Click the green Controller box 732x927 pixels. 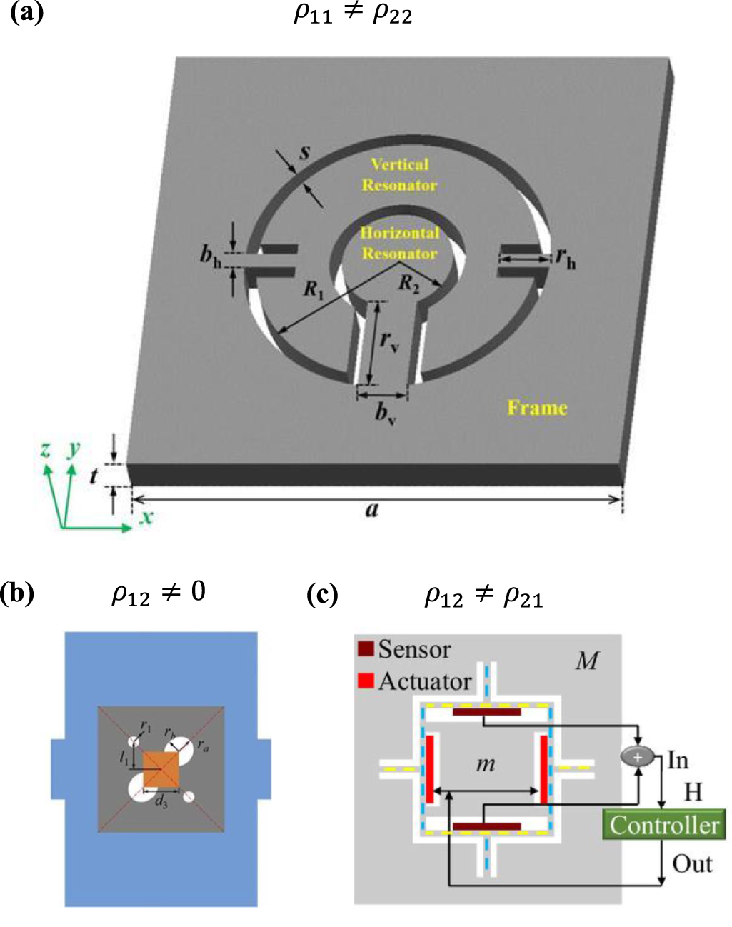coord(663,825)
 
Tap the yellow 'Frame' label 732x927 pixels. coord(537,408)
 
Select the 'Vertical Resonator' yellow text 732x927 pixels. coord(399,175)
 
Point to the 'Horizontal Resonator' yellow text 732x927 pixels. coord(399,244)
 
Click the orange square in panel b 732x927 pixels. coord(161,769)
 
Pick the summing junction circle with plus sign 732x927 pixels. coord(638,757)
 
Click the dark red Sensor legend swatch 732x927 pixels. coord(366,649)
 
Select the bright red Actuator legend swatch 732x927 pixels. coord(366,681)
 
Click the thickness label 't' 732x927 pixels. coord(94,475)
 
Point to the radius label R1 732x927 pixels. coord(313,289)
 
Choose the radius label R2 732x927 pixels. coord(408,284)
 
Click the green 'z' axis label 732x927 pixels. coord(46,449)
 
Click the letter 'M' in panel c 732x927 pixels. coord(587,661)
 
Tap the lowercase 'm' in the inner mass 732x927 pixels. coord(486,764)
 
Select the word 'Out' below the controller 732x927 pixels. coord(692,864)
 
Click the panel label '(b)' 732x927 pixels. coord(18,593)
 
